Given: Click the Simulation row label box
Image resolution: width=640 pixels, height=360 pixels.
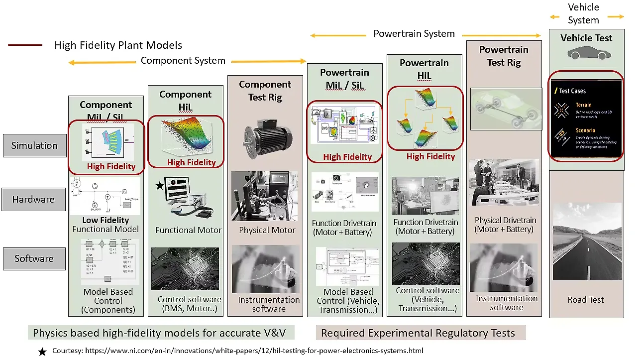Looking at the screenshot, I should (34, 146).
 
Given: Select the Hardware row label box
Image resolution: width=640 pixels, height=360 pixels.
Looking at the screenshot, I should (33, 199).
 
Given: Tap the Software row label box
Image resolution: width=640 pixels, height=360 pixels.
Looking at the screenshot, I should (34, 258).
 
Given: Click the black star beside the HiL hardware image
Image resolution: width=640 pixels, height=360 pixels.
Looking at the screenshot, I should (159, 186).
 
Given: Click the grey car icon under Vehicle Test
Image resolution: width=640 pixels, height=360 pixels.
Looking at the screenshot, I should (586, 53).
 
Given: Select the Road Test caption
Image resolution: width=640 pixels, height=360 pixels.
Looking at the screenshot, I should (586, 300).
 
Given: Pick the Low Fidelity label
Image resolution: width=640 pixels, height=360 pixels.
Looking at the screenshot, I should (106, 220).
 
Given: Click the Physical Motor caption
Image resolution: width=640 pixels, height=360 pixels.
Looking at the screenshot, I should (267, 230).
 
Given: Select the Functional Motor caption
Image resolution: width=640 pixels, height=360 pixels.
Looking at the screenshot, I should (188, 230).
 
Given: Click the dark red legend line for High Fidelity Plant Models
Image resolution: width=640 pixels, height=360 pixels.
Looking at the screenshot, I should (25, 45).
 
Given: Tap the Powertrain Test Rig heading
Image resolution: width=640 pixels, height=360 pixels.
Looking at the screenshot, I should (504, 56).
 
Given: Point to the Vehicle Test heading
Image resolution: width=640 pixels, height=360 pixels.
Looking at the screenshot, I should (586, 38).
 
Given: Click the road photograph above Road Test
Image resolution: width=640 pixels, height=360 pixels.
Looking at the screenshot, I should (587, 241).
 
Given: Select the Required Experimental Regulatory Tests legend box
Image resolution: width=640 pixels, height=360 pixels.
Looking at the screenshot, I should (421, 333).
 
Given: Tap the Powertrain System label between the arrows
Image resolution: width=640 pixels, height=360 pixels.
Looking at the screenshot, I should (414, 34).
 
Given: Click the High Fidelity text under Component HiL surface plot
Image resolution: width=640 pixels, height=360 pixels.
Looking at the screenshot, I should (191, 162).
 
